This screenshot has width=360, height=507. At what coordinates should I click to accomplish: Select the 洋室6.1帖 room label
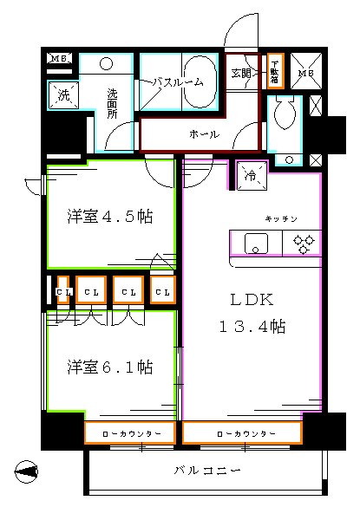(x=110, y=367)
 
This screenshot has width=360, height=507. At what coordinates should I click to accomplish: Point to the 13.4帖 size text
(x=252, y=328)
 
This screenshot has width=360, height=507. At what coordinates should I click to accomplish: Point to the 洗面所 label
(x=114, y=102)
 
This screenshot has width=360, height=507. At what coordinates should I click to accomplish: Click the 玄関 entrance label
(x=242, y=74)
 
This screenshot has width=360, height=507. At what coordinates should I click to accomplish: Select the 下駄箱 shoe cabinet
(x=274, y=70)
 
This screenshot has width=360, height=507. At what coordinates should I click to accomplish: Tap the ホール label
(x=203, y=134)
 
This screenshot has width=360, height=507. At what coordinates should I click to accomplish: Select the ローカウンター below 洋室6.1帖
(x=130, y=432)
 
